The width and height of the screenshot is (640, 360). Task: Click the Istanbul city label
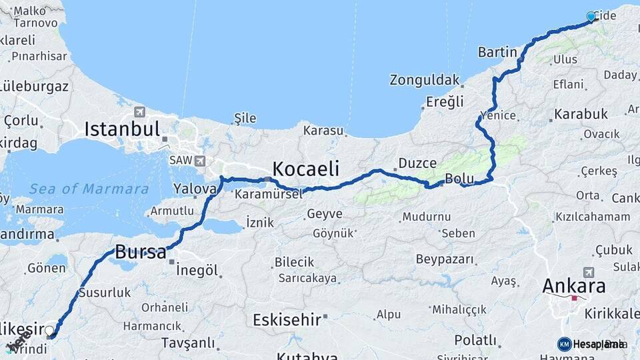tap(122, 129)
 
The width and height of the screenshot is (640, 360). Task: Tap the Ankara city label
tap(574, 287)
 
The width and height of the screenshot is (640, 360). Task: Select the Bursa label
tap(141, 252)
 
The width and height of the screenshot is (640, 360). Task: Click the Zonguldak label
tap(425, 81)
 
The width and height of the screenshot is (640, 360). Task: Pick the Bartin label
tap(497, 52)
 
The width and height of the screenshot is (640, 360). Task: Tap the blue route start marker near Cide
tap(591, 17)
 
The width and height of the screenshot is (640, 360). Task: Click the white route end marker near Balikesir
tap(49, 330)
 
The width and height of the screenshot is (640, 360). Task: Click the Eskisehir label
tap(287, 320)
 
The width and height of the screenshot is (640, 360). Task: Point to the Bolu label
tap(459, 179)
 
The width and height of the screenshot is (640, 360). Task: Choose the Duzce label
tap(417, 163)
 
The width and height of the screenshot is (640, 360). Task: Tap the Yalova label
tap(195, 189)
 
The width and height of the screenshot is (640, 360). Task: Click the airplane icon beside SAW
tap(200, 161)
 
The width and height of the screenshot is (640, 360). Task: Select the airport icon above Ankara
tap(588, 272)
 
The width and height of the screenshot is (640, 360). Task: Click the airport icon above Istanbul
tap(139, 112)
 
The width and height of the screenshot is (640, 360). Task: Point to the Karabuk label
tap(581, 114)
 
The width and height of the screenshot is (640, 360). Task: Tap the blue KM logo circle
tap(564, 344)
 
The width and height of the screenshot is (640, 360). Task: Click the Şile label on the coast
tap(245, 119)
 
